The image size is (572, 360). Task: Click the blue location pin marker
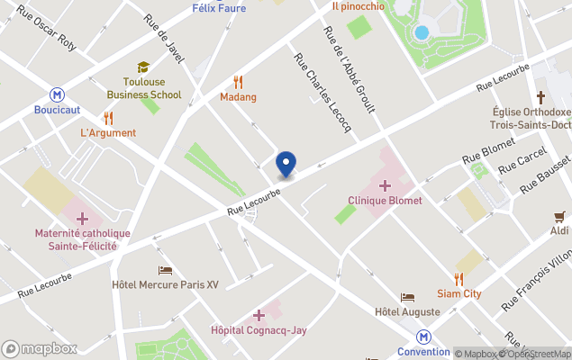click(x=286, y=164)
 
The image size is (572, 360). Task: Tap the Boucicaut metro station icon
click(x=58, y=94)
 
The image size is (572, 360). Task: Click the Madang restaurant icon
click(x=238, y=81)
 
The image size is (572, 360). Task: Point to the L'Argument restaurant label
click(x=108, y=133)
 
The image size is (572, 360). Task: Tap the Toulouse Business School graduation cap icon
click(x=143, y=67)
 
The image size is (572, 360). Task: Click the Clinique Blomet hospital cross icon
click(x=385, y=185)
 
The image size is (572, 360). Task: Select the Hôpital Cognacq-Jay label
click(x=259, y=330)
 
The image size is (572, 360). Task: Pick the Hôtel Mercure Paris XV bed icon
click(x=165, y=270)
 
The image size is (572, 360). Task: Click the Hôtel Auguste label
click(x=407, y=312)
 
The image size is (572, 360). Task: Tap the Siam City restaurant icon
click(x=459, y=279)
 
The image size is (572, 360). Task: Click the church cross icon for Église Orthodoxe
click(x=540, y=97)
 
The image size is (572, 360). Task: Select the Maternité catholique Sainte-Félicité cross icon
click(x=82, y=219)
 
